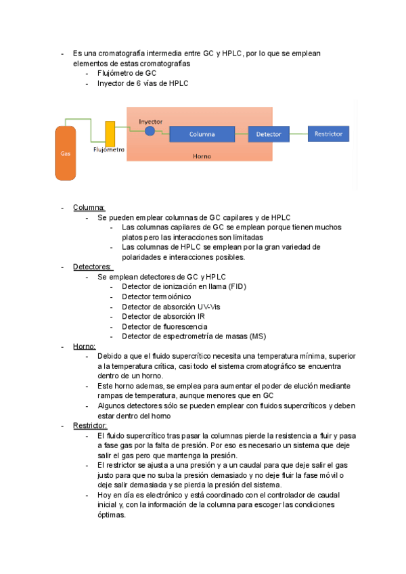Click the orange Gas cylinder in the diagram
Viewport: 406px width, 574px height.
tap(66, 152)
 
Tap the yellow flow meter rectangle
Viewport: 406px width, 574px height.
tap(110, 133)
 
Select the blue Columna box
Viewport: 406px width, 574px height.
tap(202, 134)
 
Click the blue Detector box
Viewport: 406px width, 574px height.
tap(269, 134)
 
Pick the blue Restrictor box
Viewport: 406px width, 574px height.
tap(329, 134)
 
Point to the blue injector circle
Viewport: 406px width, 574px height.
tap(150, 131)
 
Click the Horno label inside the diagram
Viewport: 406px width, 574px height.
tap(202, 156)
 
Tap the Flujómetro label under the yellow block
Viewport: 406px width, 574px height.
tap(108, 150)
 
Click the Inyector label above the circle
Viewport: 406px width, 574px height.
tap(150, 122)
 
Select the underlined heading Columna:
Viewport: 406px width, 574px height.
tap(89, 207)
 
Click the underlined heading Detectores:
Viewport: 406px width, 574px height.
tap(93, 267)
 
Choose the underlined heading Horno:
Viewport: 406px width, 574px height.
tap(85, 346)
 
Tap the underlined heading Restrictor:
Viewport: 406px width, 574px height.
tap(90, 426)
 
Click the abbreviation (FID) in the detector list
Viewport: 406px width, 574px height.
tap(237, 287)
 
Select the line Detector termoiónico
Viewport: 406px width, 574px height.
tap(156, 296)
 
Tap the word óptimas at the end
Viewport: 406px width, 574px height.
tap(112, 515)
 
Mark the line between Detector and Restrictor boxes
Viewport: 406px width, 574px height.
tap(297, 134)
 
